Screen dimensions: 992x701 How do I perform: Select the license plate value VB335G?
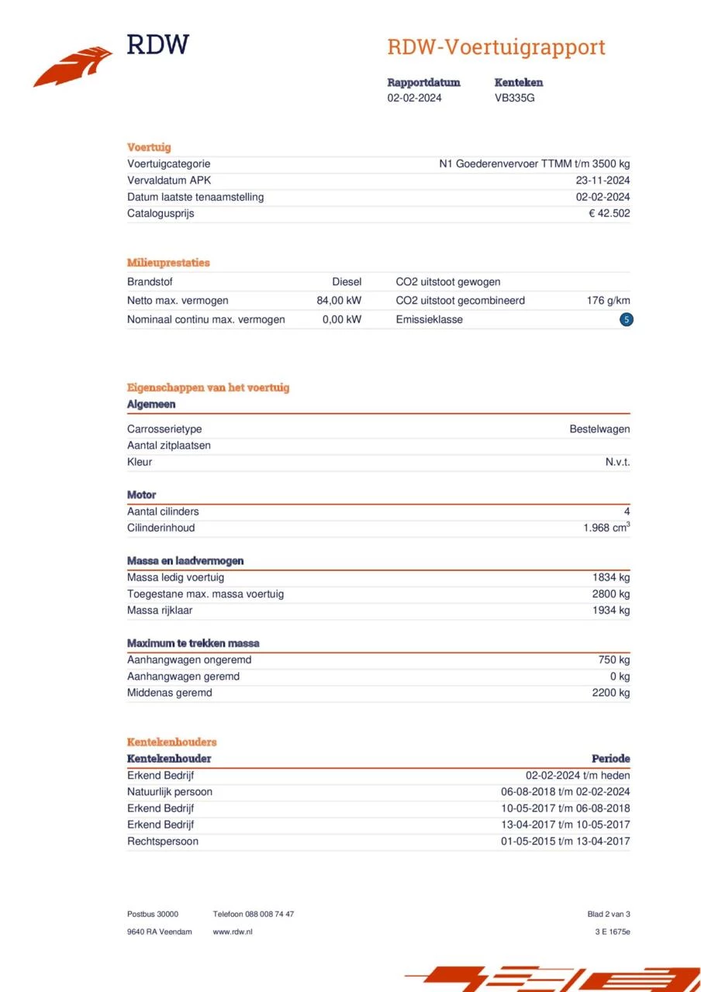[514, 98]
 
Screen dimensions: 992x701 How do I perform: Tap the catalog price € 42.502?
[609, 213]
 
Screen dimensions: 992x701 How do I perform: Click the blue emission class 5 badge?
[627, 319]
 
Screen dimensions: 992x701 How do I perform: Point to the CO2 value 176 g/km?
[608, 301]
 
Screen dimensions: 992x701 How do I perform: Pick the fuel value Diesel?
[347, 282]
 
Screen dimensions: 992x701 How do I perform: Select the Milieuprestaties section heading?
[168, 263]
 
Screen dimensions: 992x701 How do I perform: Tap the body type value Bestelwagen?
[599, 429]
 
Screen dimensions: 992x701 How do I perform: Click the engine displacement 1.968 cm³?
[606, 528]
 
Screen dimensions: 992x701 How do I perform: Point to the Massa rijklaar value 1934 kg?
[610, 610]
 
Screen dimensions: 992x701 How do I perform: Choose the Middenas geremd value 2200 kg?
[610, 693]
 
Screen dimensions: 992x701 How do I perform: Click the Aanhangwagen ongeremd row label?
[189, 660]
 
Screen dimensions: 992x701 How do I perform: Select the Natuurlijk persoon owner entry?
[170, 791]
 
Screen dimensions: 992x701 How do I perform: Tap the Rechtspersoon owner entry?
[163, 841]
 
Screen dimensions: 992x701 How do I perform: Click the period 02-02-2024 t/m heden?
[578, 775]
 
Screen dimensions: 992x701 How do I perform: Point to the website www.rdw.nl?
[233, 932]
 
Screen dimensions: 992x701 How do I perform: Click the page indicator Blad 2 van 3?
[609, 914]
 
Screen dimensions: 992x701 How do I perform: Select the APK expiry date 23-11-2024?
[597, 181]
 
